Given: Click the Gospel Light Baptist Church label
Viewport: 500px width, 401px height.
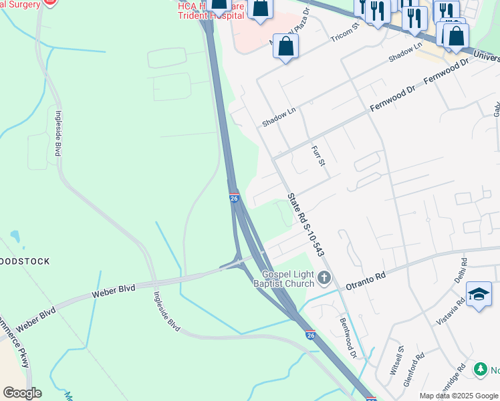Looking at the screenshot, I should [287, 279].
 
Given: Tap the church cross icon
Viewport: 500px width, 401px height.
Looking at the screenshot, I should [324, 277].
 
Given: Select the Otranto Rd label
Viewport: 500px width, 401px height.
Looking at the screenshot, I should [366, 280].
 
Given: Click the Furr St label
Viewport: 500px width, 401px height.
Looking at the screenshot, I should [318, 154].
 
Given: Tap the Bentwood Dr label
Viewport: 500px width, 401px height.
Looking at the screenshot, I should [349, 336].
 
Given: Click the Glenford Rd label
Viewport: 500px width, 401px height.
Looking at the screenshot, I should [416, 366].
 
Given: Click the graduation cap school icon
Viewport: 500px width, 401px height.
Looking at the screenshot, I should [479, 294].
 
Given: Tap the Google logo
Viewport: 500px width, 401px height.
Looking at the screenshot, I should [22, 393].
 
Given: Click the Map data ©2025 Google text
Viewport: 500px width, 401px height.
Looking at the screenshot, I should [459, 396].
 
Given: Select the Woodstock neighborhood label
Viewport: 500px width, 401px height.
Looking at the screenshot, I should [25, 261].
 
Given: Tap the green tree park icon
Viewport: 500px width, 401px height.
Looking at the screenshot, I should [480, 368].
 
